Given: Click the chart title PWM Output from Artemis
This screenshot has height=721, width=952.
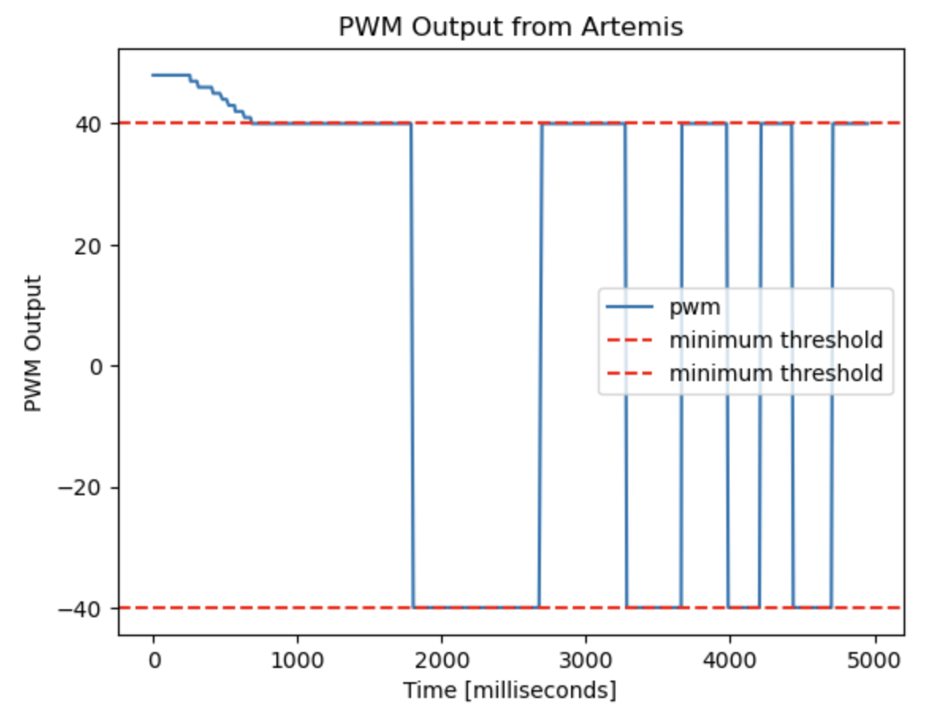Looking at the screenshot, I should (510, 27).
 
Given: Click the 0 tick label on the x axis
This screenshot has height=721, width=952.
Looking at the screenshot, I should (154, 659).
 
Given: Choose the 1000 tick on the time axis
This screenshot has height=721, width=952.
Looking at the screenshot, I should (297, 659).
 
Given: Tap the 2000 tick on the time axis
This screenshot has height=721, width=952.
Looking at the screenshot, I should (441, 659).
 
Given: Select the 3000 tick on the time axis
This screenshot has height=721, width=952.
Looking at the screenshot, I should (585, 659).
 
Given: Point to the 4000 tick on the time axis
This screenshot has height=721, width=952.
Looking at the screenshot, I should (729, 659).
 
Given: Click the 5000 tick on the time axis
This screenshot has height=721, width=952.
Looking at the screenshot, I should (873, 659).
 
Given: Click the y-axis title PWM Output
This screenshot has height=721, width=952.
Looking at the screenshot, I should (32, 343).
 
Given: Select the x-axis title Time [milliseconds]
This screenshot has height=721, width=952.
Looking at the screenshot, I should (509, 691).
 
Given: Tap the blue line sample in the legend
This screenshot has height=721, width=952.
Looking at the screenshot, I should (630, 307).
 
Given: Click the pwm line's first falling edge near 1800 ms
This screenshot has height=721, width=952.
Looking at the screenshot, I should (412, 364).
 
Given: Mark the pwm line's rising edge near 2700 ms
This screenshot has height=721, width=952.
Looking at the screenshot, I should (541, 364).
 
